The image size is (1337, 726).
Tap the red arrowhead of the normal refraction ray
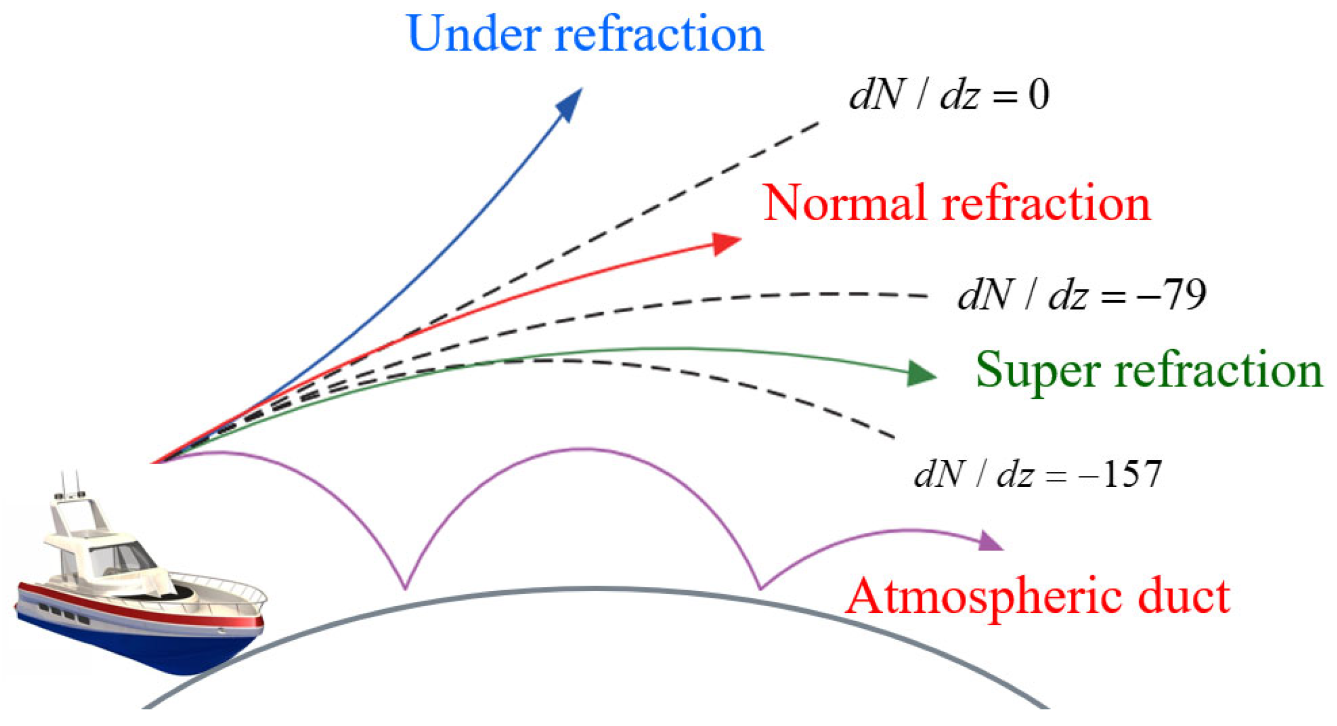tap(726, 242)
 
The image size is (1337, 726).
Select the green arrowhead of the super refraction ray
tap(920, 374)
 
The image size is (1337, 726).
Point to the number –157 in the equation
tap(1120, 475)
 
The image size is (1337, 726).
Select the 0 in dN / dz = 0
tap(1039, 95)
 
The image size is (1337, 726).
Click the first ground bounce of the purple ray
tap(405, 587)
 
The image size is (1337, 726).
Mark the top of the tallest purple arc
tap(582, 449)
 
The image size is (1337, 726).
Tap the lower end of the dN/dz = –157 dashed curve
tap(893, 438)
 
